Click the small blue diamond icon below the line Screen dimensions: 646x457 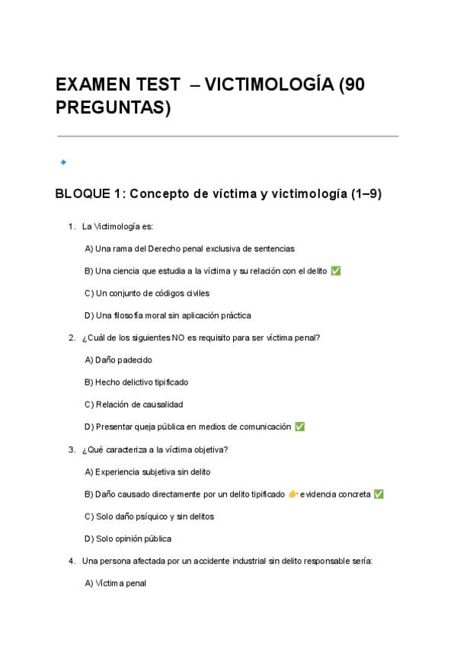click(x=63, y=161)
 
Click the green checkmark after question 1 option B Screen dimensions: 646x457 click(x=336, y=271)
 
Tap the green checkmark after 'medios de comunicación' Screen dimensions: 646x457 click(x=300, y=427)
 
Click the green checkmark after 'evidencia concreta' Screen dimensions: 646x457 click(x=379, y=494)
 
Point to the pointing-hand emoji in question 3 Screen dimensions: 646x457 click(x=293, y=494)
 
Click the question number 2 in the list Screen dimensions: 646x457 click(x=71, y=337)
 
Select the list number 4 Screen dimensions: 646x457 click(x=71, y=561)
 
